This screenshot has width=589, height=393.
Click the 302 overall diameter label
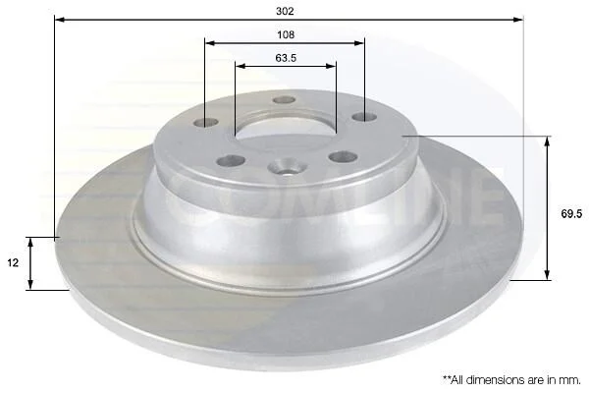[285, 11]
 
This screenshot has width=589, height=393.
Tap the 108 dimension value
[286, 35]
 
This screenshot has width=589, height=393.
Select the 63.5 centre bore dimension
[286, 58]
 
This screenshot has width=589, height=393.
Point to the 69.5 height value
[571, 213]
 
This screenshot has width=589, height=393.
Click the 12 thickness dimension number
[13, 262]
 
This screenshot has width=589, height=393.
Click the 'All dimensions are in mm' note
[512, 380]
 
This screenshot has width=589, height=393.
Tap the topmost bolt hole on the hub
[285, 100]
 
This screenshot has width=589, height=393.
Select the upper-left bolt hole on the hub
[206, 123]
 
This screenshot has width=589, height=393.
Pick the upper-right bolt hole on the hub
[364, 117]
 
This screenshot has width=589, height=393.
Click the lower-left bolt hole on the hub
[231, 161]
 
